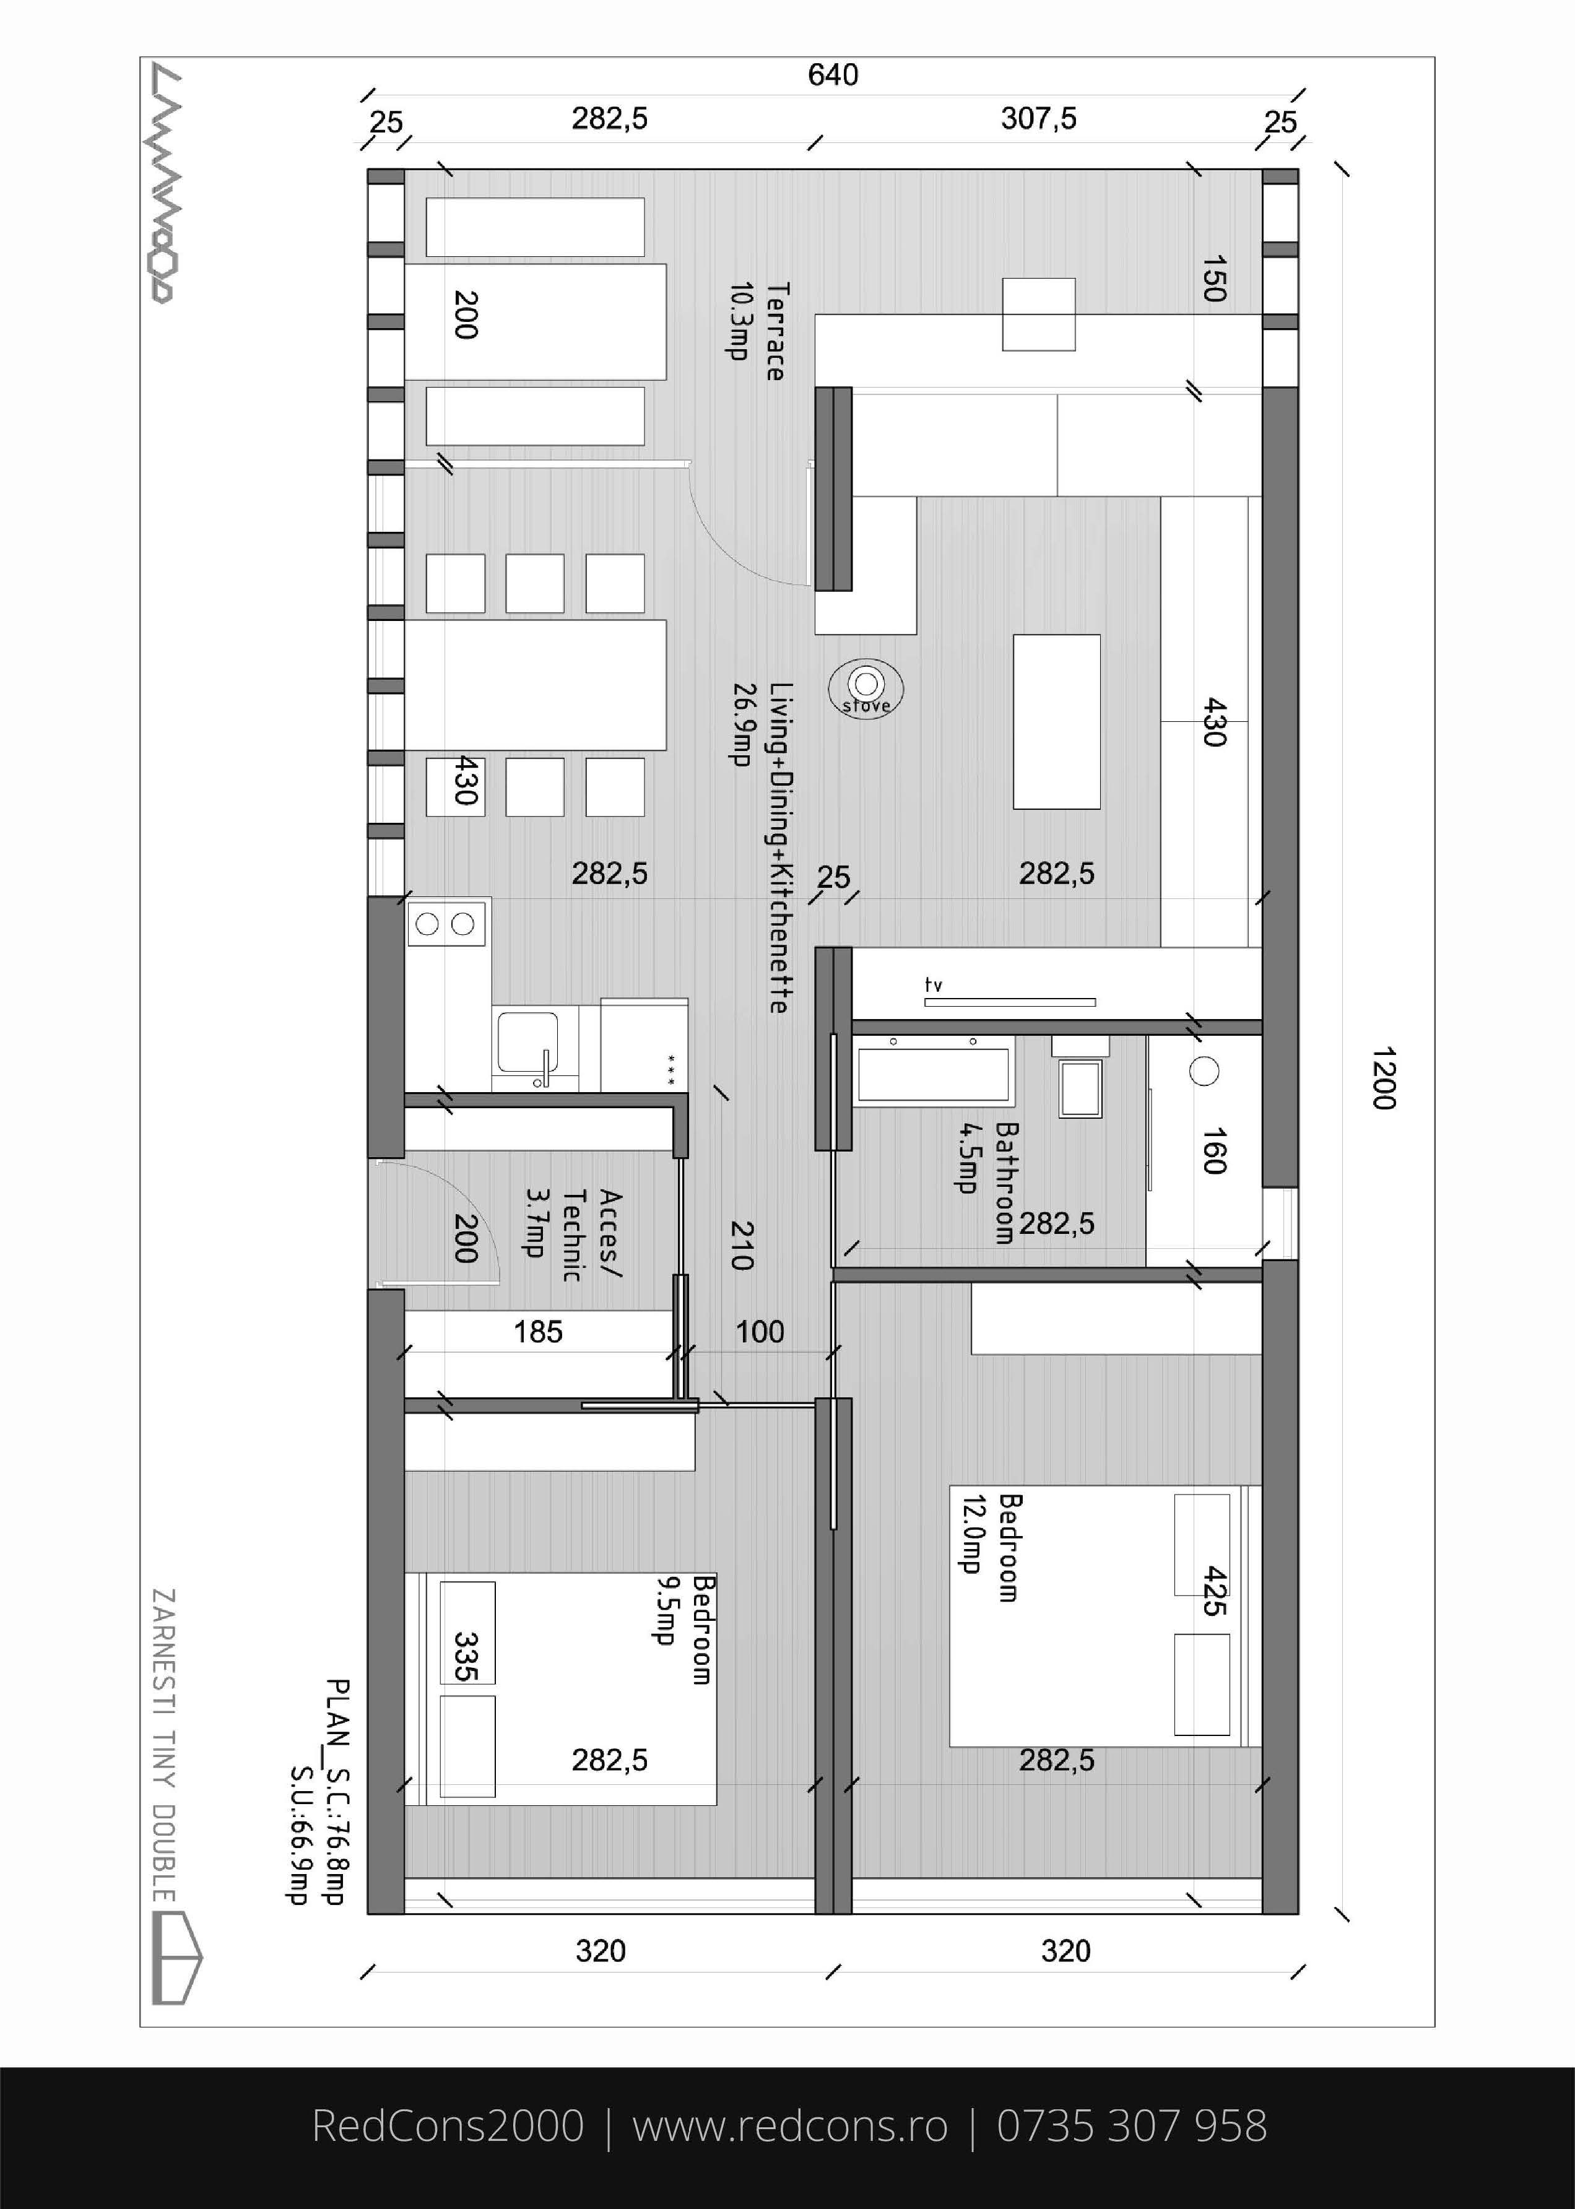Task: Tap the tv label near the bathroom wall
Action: coord(933,985)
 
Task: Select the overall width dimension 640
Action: coord(833,75)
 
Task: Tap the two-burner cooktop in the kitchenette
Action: coord(446,923)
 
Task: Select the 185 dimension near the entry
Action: coord(538,1332)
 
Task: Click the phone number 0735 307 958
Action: coord(1132,2125)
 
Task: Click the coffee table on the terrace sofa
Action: coord(1039,314)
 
